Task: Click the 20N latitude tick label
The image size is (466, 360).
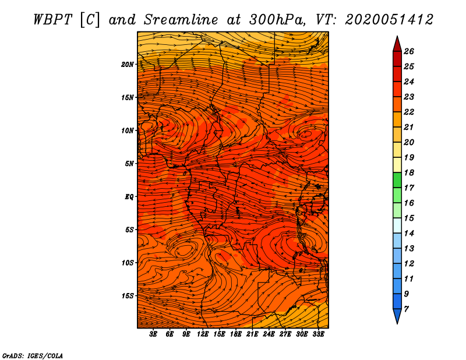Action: pyautogui.click(x=128, y=64)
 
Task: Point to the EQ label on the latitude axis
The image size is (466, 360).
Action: pyautogui.click(x=129, y=197)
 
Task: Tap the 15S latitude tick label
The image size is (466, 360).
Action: pyautogui.click(x=128, y=296)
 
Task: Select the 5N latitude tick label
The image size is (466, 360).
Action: pyautogui.click(x=129, y=164)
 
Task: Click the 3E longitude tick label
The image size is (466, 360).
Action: pyautogui.click(x=153, y=334)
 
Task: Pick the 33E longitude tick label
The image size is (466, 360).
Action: pyautogui.click(x=318, y=334)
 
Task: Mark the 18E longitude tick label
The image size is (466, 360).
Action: pyautogui.click(x=236, y=334)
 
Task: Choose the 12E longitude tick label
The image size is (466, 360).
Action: pyautogui.click(x=203, y=334)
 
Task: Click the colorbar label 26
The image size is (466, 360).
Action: pyautogui.click(x=409, y=51)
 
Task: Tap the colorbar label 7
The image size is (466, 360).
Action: pyautogui.click(x=406, y=309)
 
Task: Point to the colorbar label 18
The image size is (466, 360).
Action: pyautogui.click(x=409, y=172)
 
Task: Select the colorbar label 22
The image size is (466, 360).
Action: pyautogui.click(x=409, y=112)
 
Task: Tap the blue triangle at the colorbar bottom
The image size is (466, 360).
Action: pyautogui.click(x=397, y=315)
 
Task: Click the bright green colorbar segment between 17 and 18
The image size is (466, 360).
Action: pyautogui.click(x=397, y=180)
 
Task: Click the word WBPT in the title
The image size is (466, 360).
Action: pyautogui.click(x=53, y=20)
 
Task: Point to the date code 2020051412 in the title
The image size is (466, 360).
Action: pyautogui.click(x=389, y=20)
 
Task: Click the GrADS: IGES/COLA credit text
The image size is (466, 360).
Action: pyautogui.click(x=33, y=356)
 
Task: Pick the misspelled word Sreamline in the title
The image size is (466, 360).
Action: pyautogui.click(x=181, y=20)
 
